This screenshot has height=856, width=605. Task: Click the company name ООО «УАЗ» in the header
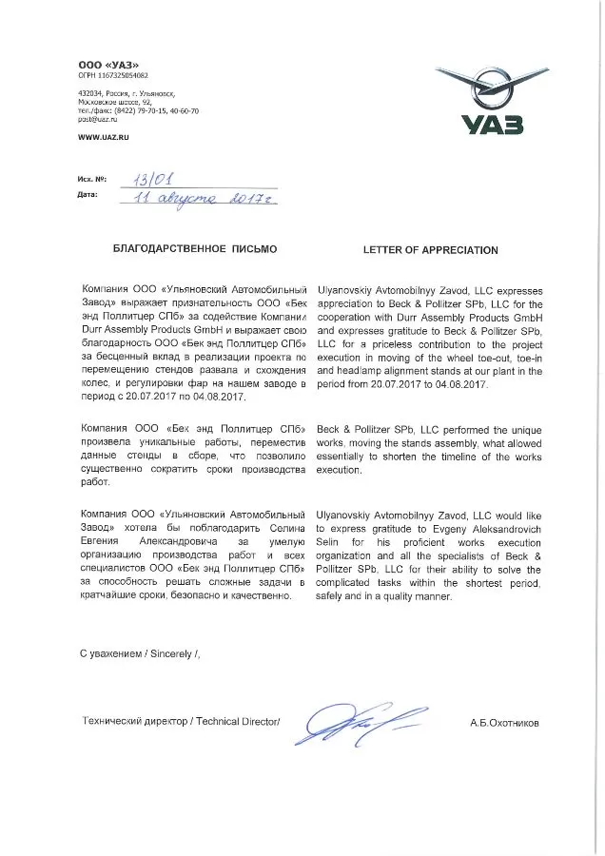[103, 63]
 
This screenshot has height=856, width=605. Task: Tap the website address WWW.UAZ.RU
[104, 139]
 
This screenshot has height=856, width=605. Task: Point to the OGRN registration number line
[113, 73]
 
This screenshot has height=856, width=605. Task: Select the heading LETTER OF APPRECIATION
[430, 250]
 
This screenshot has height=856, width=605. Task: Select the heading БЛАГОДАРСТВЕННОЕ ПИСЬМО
[194, 250]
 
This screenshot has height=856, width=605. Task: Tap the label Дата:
[89, 195]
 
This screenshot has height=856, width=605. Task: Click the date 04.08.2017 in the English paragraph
[459, 384]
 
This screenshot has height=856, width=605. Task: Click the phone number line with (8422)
[138, 110]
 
